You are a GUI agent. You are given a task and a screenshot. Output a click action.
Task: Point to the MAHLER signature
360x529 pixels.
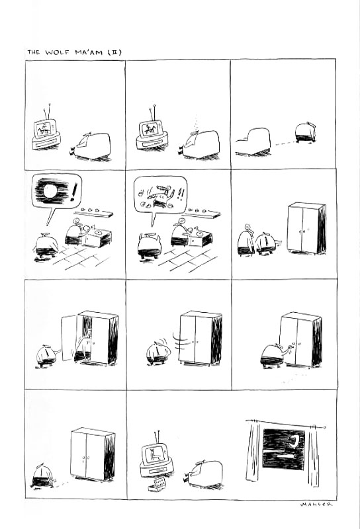pyautogui.click(x=316, y=505)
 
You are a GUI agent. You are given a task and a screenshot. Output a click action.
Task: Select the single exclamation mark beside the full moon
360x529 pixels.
pyautogui.click(x=74, y=192)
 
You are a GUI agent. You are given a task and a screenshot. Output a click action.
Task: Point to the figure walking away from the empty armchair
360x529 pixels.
pyautogui.click(x=306, y=133)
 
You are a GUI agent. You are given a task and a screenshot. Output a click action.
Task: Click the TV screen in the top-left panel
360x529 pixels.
pyautogui.click(x=44, y=128)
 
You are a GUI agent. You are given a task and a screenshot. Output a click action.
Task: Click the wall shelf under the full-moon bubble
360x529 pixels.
pyautogui.click(x=93, y=212)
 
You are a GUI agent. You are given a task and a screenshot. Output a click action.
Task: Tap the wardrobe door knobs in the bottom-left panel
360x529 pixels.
pyautogui.click(x=85, y=458)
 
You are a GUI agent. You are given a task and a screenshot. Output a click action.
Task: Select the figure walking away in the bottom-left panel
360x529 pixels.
pyautogui.click(x=43, y=475)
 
